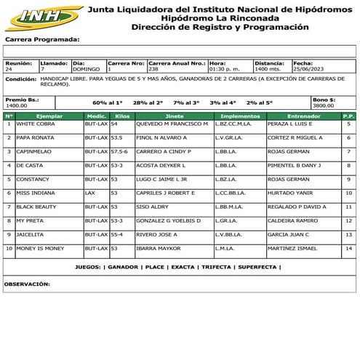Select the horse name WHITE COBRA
(36, 124)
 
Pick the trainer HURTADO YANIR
(290, 193)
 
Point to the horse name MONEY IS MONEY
(40, 248)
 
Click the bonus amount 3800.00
(324, 105)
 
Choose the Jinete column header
(175, 115)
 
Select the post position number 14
(348, 248)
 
